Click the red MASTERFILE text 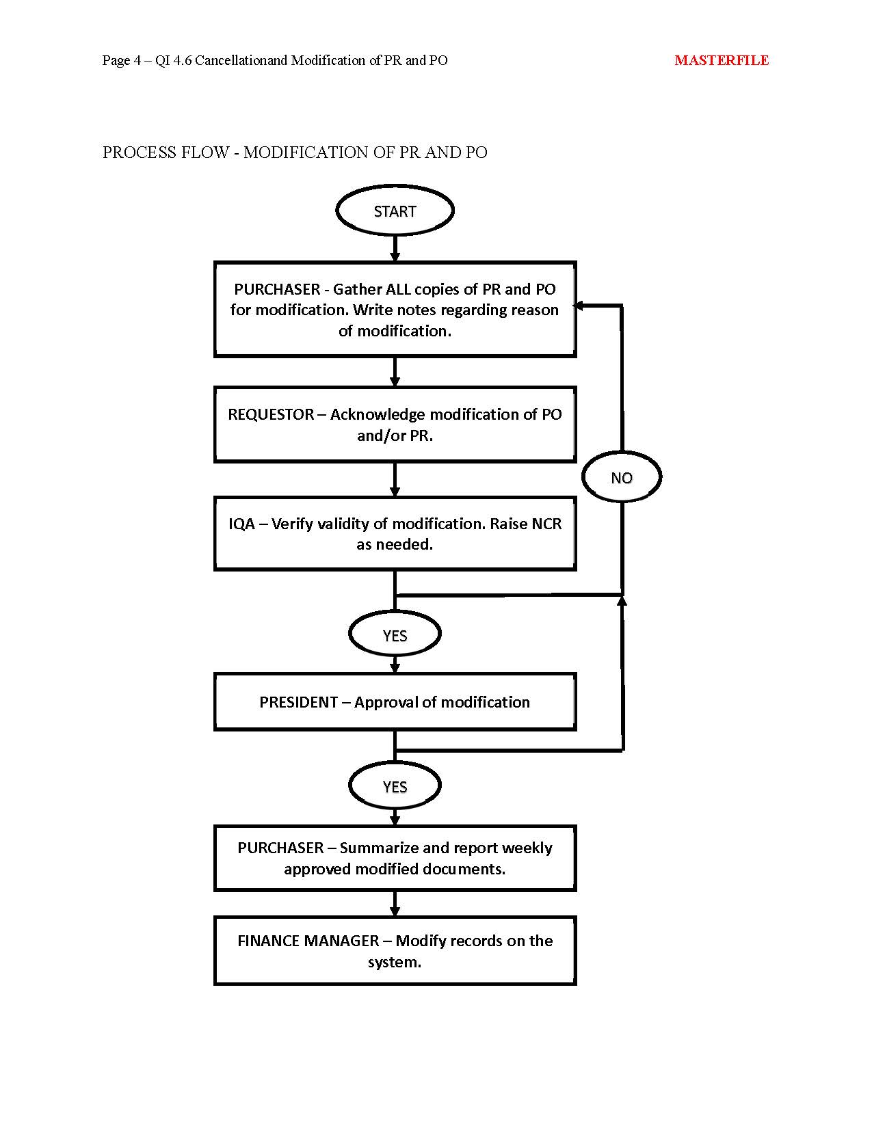[722, 60]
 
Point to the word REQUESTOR [271, 414]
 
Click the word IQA [242, 524]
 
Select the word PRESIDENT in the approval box [299, 702]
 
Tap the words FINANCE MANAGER [308, 941]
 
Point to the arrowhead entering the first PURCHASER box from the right [577, 306]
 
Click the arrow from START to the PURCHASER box [395, 249]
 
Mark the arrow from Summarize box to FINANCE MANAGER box [395, 904]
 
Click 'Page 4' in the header [122, 61]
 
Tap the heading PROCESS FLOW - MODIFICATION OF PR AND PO [295, 152]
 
